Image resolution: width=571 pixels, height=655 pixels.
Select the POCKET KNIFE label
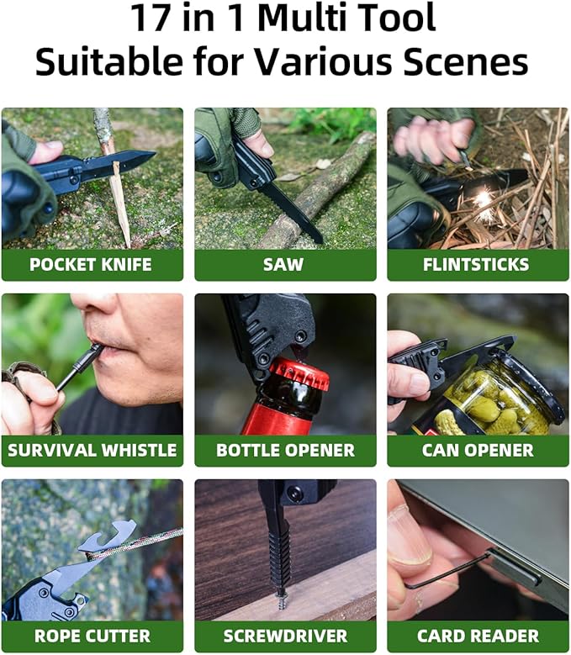91,265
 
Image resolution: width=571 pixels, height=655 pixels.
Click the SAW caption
285,265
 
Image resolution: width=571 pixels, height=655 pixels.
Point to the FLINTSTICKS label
478,265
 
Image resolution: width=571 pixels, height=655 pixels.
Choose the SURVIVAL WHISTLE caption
92,451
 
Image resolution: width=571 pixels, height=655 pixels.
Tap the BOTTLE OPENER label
285,451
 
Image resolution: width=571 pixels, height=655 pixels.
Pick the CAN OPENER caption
478,451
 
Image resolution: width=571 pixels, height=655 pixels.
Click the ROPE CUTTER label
91,637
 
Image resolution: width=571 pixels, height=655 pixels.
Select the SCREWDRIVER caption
285,637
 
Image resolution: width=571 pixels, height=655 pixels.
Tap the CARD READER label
478,637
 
